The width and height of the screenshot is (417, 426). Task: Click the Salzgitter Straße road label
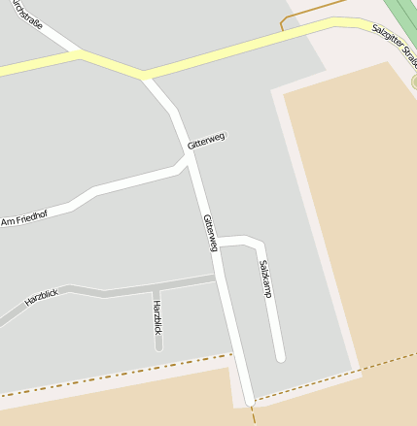393,45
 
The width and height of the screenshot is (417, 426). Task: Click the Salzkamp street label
265,279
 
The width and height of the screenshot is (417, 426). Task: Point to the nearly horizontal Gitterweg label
206,141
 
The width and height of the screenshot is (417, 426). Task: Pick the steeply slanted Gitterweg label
210,233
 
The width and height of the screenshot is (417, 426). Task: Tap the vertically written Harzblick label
157,317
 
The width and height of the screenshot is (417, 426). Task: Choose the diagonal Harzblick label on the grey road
42,298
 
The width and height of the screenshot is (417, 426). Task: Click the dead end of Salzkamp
280,357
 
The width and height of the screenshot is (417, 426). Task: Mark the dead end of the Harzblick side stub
158,344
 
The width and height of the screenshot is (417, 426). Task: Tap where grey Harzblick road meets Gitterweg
216,279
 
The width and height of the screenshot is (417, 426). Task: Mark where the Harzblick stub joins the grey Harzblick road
156,289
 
